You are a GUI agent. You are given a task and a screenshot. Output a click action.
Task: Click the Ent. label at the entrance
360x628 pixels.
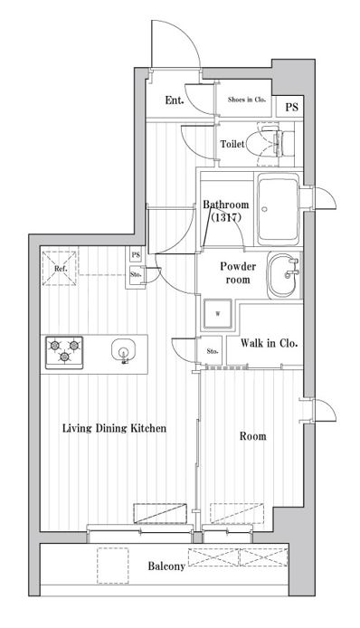click(x=175, y=100)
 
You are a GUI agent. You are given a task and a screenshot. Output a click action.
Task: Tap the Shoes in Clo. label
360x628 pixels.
click(x=247, y=100)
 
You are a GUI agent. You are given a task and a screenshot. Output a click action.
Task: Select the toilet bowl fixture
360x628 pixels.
click(x=270, y=144)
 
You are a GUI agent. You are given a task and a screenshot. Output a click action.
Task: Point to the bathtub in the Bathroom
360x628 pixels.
click(x=279, y=209)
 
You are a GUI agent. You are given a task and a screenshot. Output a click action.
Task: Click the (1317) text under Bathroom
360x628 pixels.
click(x=226, y=218)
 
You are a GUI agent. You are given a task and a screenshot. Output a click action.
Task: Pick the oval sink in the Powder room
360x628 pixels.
click(x=283, y=275)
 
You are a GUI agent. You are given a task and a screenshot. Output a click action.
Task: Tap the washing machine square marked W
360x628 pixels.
click(x=217, y=314)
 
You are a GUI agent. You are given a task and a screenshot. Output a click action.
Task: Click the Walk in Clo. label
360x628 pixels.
click(x=269, y=343)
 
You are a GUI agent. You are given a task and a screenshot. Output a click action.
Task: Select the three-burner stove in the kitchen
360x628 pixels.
click(x=64, y=352)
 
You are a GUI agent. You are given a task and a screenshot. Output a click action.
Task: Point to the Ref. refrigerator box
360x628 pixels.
click(x=60, y=269)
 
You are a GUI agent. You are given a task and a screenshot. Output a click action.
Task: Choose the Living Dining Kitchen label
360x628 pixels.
click(x=114, y=429)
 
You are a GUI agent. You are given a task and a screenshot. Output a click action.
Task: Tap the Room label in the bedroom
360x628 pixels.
click(x=252, y=436)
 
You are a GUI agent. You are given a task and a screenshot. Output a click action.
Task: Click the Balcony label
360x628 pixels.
click(x=166, y=566)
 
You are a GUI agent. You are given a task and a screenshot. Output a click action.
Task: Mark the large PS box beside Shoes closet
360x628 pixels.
click(x=291, y=107)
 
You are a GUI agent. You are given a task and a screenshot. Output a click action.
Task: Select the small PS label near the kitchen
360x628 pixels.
click(x=137, y=254)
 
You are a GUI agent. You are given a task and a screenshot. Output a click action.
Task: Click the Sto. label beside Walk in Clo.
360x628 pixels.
click(x=213, y=351)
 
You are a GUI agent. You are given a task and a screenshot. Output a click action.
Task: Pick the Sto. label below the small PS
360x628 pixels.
click(x=136, y=275)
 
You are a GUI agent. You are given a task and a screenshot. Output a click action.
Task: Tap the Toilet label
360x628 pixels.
click(x=232, y=144)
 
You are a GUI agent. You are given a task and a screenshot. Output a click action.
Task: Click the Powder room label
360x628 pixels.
click(x=238, y=273)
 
